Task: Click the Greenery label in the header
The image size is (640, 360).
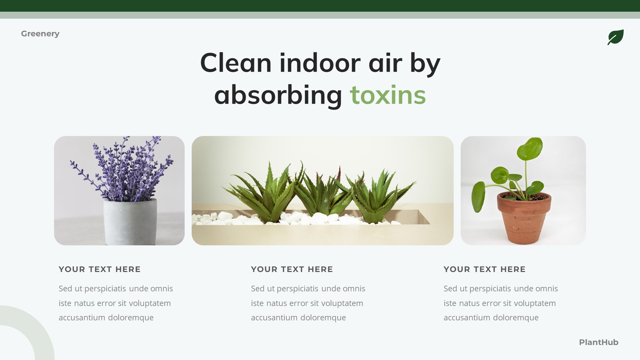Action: (x=40, y=34)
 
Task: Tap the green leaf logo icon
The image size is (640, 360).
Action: (x=615, y=37)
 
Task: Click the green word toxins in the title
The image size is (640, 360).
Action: (x=388, y=95)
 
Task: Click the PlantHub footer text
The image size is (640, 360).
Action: (x=598, y=342)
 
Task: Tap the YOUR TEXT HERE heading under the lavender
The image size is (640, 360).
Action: (x=100, y=269)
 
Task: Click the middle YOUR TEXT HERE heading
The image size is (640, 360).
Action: (x=292, y=269)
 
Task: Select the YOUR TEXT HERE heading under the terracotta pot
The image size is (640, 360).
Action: (x=484, y=269)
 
